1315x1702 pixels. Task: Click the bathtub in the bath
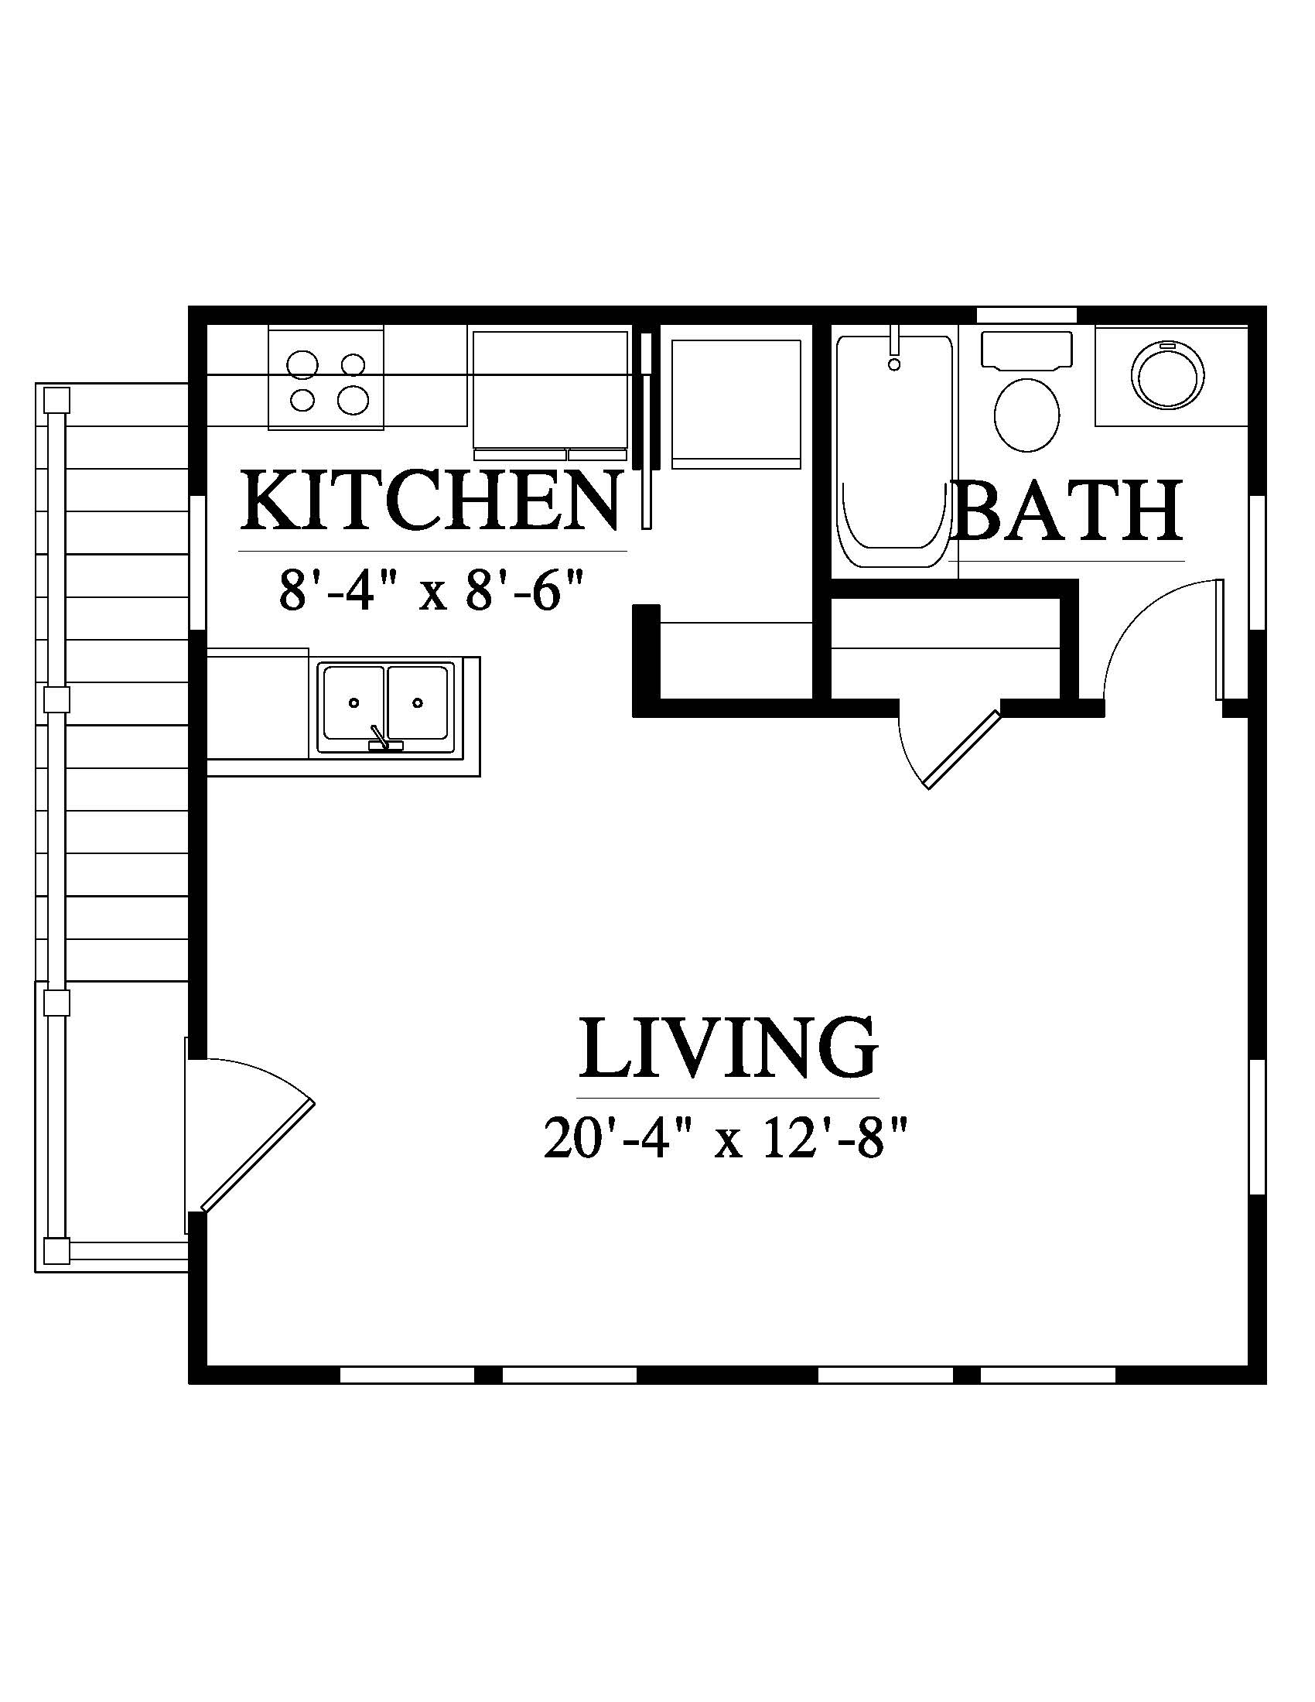(x=893, y=451)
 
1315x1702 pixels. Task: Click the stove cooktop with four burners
(x=326, y=378)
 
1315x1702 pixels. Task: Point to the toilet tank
(x=1026, y=350)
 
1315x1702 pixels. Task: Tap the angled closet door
(x=951, y=748)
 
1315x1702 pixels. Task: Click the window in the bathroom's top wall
(x=1026, y=314)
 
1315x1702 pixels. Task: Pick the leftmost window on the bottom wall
(x=408, y=1375)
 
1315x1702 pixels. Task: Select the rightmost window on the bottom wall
(x=1047, y=1375)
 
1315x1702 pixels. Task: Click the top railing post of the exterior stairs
(x=57, y=402)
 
